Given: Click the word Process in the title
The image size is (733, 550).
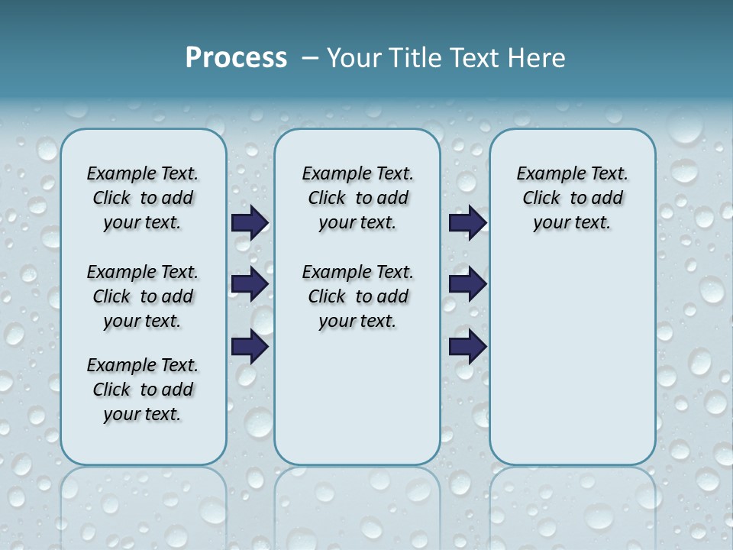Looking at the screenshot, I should click(x=236, y=57).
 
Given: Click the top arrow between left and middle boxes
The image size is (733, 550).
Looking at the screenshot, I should click(x=250, y=222).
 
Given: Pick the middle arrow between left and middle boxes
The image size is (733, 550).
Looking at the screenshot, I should click(x=250, y=284).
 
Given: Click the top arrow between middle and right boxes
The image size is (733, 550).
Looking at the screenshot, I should click(x=467, y=222).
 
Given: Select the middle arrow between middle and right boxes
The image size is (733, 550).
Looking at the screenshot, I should click(x=467, y=284).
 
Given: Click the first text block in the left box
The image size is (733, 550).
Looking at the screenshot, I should click(x=143, y=198).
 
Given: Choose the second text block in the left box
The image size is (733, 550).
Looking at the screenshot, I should click(x=143, y=296).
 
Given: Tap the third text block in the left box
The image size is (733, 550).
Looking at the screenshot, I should click(x=143, y=390).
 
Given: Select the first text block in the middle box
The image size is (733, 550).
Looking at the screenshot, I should click(x=357, y=198).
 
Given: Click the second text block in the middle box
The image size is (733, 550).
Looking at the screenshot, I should click(x=357, y=296).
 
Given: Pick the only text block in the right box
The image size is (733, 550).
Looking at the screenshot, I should click(x=573, y=198).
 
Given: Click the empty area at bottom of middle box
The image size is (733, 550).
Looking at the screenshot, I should click(x=357, y=405).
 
